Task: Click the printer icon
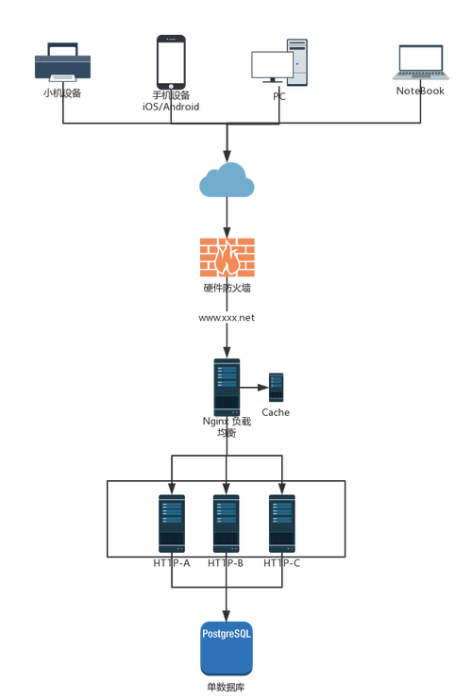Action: (x=62, y=62)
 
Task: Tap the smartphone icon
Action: (x=171, y=62)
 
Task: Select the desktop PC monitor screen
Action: (x=272, y=65)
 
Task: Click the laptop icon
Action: (x=421, y=62)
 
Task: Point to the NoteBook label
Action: (x=420, y=91)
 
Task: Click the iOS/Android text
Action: (x=171, y=107)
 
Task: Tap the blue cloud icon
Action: (x=227, y=180)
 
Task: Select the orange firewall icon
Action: (x=228, y=258)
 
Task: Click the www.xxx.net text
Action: (x=227, y=318)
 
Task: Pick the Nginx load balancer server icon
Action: (x=227, y=387)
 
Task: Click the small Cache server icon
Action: (x=277, y=388)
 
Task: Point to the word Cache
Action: (x=276, y=412)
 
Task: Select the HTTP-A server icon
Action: (x=172, y=524)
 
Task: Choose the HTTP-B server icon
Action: (x=227, y=524)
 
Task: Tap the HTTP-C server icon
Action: (x=282, y=524)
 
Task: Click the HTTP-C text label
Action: (x=282, y=563)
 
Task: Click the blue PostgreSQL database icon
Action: (x=227, y=649)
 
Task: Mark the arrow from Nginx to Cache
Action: (x=254, y=388)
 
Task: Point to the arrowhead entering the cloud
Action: (x=228, y=156)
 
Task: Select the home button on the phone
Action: (x=171, y=86)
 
